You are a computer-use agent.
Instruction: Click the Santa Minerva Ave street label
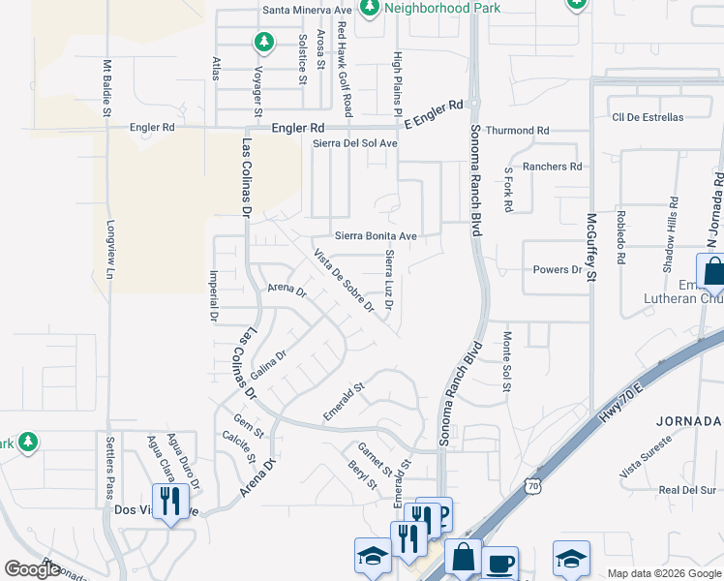coord(307,11)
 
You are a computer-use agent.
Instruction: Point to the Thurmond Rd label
coord(517,130)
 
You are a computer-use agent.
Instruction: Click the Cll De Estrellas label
coord(648,117)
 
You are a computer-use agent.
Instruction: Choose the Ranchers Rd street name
coord(552,167)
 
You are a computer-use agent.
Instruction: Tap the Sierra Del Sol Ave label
coord(355,143)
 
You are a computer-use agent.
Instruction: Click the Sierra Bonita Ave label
coord(376,235)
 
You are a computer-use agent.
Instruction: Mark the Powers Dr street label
coord(557,269)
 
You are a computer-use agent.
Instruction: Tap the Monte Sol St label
coord(506,362)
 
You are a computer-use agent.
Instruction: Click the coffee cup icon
coord(499,564)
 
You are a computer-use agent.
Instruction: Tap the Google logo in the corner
coord(32,569)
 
